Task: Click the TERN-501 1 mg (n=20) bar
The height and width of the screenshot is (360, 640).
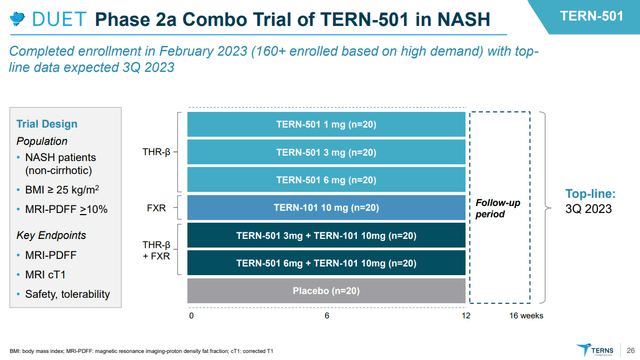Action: [x=327, y=124]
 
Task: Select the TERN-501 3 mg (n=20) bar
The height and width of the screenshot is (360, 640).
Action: [x=327, y=152]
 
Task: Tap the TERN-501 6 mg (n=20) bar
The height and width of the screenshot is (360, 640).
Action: [x=327, y=180]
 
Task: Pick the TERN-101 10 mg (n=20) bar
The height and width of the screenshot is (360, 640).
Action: [x=327, y=208]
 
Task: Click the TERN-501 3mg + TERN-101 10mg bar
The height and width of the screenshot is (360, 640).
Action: [x=327, y=236]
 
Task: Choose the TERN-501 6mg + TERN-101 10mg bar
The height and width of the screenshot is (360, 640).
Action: [x=327, y=264]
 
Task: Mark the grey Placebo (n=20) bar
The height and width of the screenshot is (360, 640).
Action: [x=327, y=292]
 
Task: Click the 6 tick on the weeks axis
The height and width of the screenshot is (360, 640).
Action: [x=327, y=315]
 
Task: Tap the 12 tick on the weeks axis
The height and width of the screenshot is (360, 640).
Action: [x=465, y=315]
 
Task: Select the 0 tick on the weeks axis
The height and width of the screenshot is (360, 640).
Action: [x=191, y=315]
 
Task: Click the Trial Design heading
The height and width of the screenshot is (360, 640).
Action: [x=47, y=123]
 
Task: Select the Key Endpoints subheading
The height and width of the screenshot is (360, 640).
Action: [x=50, y=236]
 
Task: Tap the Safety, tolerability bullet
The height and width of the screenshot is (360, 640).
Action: [x=69, y=293]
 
